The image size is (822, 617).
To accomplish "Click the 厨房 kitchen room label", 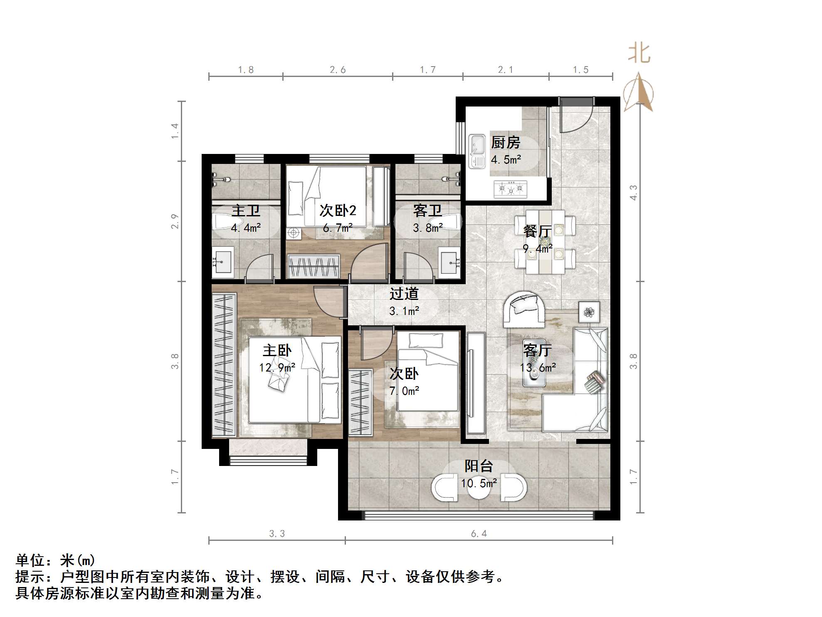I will click(x=505, y=143).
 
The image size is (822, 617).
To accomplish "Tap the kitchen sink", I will click(x=477, y=151).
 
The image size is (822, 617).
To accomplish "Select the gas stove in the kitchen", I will click(x=510, y=189).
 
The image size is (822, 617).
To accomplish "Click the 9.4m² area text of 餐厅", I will click(x=537, y=249).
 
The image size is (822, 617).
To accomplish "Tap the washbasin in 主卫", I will click(x=222, y=262).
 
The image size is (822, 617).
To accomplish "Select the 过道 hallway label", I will click(x=403, y=294).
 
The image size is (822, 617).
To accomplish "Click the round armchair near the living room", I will click(x=524, y=309).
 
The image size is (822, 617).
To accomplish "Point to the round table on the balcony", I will click(x=479, y=489).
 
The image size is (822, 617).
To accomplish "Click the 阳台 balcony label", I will click(x=479, y=466).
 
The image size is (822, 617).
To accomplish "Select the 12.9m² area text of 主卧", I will click(x=277, y=368).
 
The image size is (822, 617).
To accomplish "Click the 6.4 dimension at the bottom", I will click(x=479, y=534).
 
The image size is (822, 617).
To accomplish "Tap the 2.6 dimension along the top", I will click(x=338, y=70).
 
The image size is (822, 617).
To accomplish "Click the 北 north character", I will click(x=639, y=53).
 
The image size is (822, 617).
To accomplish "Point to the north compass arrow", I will click(x=639, y=92).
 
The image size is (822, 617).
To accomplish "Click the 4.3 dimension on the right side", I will click(x=633, y=193).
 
